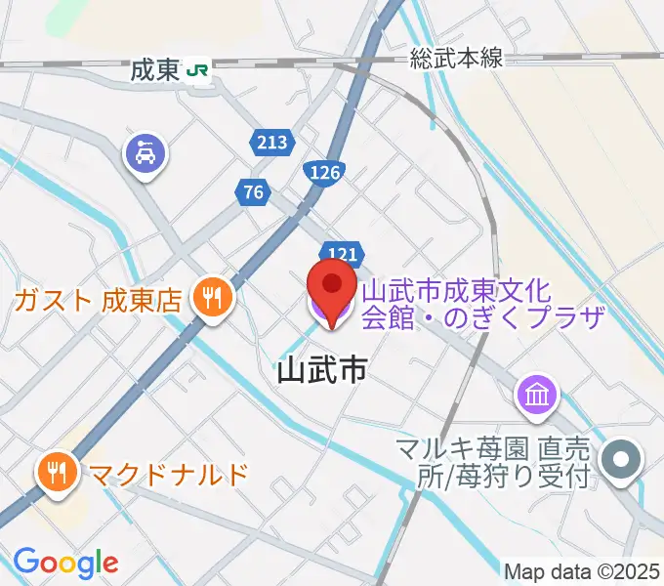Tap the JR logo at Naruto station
pyautogui.click(x=199, y=70)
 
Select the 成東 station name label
pyautogui.click(x=155, y=70)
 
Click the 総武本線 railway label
pyautogui.click(x=456, y=59)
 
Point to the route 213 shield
pyautogui.click(x=272, y=143)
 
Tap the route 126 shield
pyautogui.click(x=325, y=173)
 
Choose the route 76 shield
pyautogui.click(x=253, y=192)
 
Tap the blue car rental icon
pyautogui.click(x=145, y=153)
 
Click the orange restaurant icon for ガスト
pyautogui.click(x=210, y=298)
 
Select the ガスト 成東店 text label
pyautogui.click(x=99, y=300)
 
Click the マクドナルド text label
pyautogui.click(x=168, y=475)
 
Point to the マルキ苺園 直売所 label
pyautogui.click(x=492, y=462)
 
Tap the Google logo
pyautogui.click(x=65, y=563)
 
